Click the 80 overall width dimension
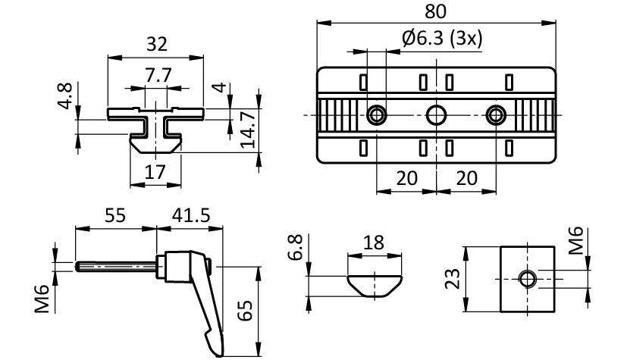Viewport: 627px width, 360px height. [x=436, y=11]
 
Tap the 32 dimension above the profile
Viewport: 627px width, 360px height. [x=156, y=45]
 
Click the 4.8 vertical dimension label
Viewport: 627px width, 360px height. [x=66, y=97]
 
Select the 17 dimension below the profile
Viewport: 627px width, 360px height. [x=155, y=173]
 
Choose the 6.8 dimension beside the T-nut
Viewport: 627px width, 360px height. [x=297, y=248]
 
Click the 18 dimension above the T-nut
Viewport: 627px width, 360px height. [x=374, y=243]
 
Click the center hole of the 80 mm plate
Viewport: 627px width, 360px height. [x=436, y=115]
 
